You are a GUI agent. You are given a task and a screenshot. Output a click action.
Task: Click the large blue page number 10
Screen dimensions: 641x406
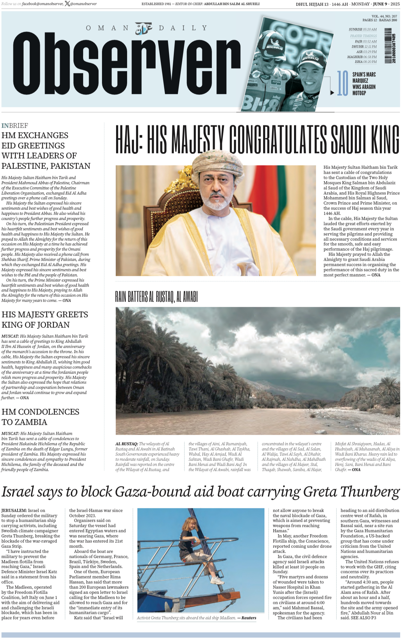[x=342, y=83]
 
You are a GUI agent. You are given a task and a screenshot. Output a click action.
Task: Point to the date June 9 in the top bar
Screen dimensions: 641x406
[x=381, y=4]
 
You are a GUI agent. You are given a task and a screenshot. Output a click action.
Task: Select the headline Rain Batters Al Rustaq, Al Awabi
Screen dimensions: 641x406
[x=156, y=296]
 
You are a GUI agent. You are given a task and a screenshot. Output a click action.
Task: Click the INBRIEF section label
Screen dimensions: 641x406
[x=15, y=126]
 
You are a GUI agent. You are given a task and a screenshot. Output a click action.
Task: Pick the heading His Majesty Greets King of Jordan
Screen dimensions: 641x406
[x=45, y=319]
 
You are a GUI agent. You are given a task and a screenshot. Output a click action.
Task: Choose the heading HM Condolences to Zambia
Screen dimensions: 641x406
[x=40, y=417]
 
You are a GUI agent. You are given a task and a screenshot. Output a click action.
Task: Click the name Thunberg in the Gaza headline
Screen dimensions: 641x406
[x=370, y=492]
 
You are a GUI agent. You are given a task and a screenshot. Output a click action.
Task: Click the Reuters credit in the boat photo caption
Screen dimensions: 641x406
[x=249, y=618]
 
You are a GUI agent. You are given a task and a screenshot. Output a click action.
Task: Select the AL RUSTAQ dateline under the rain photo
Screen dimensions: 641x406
[x=126, y=444]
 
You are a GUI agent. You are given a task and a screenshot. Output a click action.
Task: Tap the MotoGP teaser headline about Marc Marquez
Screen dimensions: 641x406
[x=364, y=84]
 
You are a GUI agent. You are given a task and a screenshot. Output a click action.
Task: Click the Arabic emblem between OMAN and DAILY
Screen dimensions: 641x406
[x=144, y=28]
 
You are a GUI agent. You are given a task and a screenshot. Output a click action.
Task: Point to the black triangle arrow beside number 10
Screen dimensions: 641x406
[x=332, y=93]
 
